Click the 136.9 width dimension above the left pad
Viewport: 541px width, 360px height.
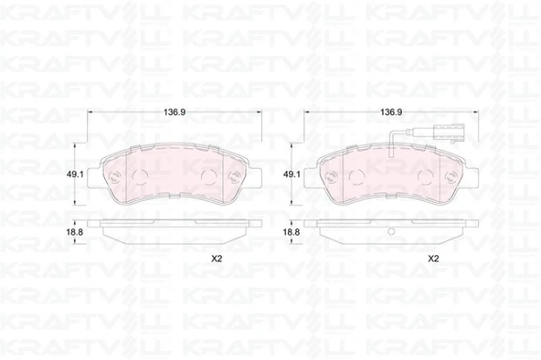coord(175,112)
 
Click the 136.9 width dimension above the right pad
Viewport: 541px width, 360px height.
coord(391,112)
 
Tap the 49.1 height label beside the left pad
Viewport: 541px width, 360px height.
coord(75,175)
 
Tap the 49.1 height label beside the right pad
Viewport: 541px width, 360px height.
coord(292,175)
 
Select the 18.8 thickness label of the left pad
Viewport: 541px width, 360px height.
coord(75,232)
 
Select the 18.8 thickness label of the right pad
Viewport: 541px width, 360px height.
coord(292,232)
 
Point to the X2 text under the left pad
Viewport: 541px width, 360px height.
coord(217,259)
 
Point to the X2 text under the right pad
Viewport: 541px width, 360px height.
coord(433,259)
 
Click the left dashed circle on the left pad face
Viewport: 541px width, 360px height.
coord(141,177)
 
